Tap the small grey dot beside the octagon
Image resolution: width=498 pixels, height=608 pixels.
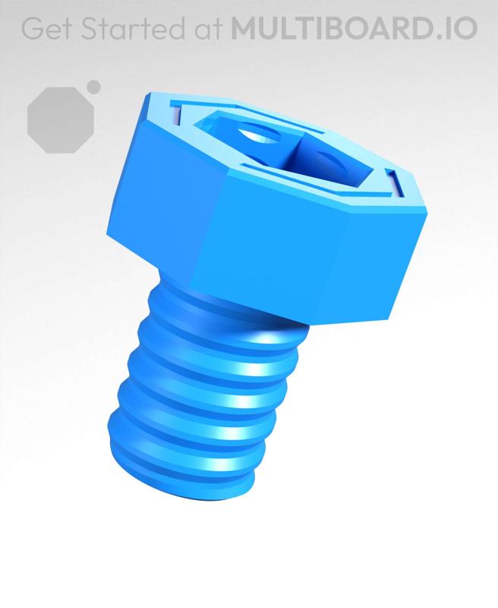coord(94,87)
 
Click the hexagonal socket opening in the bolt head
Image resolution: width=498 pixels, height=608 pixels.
coord(285,152)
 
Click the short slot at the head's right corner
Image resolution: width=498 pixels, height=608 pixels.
coord(396,182)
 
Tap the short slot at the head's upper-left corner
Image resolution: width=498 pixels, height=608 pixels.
coord(176,114)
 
